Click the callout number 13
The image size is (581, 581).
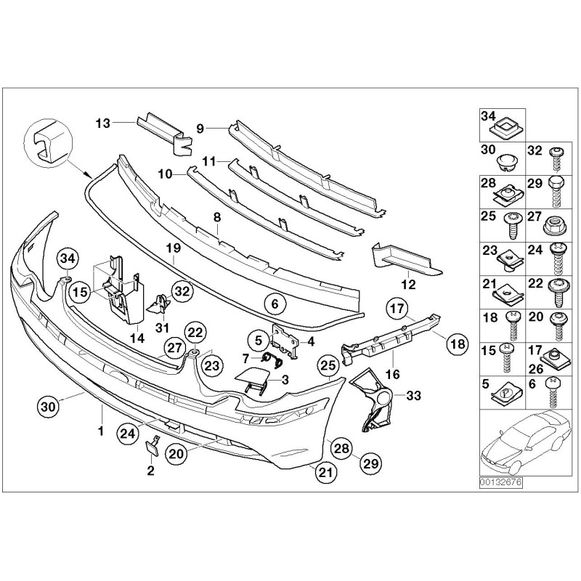pyautogui.click(x=103, y=123)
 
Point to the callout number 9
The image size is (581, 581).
pyautogui.click(x=200, y=128)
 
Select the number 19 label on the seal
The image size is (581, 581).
pyautogui.click(x=173, y=248)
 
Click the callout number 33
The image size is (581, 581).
pyautogui.click(x=414, y=396)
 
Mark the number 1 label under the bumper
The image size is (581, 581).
pyautogui.click(x=101, y=431)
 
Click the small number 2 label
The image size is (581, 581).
pyautogui.click(x=150, y=471)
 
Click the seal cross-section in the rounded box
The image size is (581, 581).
pyautogui.click(x=44, y=142)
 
